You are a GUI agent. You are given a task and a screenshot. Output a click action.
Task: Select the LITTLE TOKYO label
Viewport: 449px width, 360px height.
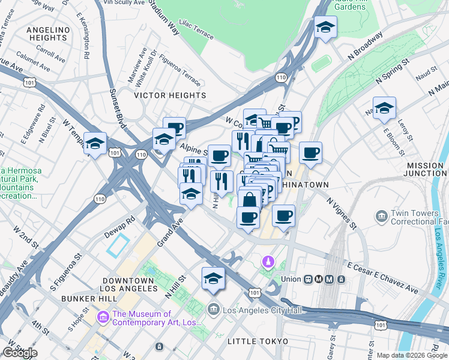pos(259,341)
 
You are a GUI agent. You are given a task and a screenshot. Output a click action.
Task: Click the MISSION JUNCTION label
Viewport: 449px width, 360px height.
pos(425,169)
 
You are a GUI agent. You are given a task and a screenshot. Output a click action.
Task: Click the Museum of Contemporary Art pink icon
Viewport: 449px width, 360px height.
pos(103,315)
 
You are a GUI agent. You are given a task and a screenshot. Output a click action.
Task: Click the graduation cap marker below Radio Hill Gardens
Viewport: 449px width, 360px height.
pos(325,27)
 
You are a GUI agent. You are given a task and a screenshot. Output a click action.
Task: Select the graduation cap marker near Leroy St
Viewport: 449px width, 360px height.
pos(384,109)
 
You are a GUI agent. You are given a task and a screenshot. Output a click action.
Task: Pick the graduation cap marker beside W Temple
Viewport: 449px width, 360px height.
pos(95,144)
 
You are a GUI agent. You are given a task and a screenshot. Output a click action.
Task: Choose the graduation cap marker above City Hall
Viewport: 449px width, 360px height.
pos(212,278)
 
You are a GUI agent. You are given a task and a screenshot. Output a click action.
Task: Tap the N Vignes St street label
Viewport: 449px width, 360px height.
pos(342,214)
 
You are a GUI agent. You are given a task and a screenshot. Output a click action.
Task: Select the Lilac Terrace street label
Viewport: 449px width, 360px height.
pos(196,32)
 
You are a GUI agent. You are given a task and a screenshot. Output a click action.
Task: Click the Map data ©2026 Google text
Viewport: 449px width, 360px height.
pos(412,355)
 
